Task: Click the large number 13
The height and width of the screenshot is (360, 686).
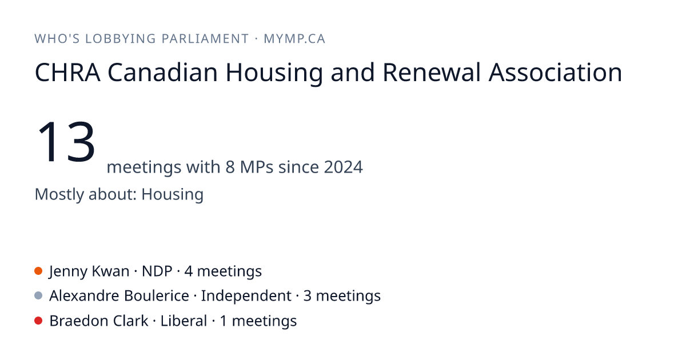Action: (x=66, y=142)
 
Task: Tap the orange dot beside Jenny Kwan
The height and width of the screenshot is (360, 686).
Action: (x=38, y=271)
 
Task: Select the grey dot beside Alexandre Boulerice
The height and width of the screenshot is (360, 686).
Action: (x=38, y=296)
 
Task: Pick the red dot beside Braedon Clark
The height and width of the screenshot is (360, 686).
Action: (x=38, y=321)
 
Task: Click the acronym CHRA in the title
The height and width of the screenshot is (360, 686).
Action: (x=67, y=73)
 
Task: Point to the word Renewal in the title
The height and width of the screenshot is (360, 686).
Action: (x=432, y=73)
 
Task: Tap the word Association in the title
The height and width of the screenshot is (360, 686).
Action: (x=555, y=73)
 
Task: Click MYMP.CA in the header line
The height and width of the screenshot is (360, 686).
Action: (x=294, y=39)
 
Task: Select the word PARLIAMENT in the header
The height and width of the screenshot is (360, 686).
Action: (x=205, y=39)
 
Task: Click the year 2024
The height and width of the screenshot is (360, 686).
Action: (x=344, y=167)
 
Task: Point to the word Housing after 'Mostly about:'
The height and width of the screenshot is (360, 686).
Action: (x=173, y=194)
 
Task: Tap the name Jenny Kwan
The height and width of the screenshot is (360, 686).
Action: (x=89, y=271)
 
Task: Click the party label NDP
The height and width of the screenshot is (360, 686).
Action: (x=157, y=271)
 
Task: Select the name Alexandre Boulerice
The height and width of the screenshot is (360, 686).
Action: (x=119, y=296)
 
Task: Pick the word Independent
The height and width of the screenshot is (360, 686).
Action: (x=246, y=296)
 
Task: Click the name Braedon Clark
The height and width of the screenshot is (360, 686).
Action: (x=99, y=321)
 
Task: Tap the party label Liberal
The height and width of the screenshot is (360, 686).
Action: (x=184, y=321)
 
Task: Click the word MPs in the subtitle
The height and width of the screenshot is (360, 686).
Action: (x=257, y=167)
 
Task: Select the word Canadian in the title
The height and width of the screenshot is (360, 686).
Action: (x=162, y=73)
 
